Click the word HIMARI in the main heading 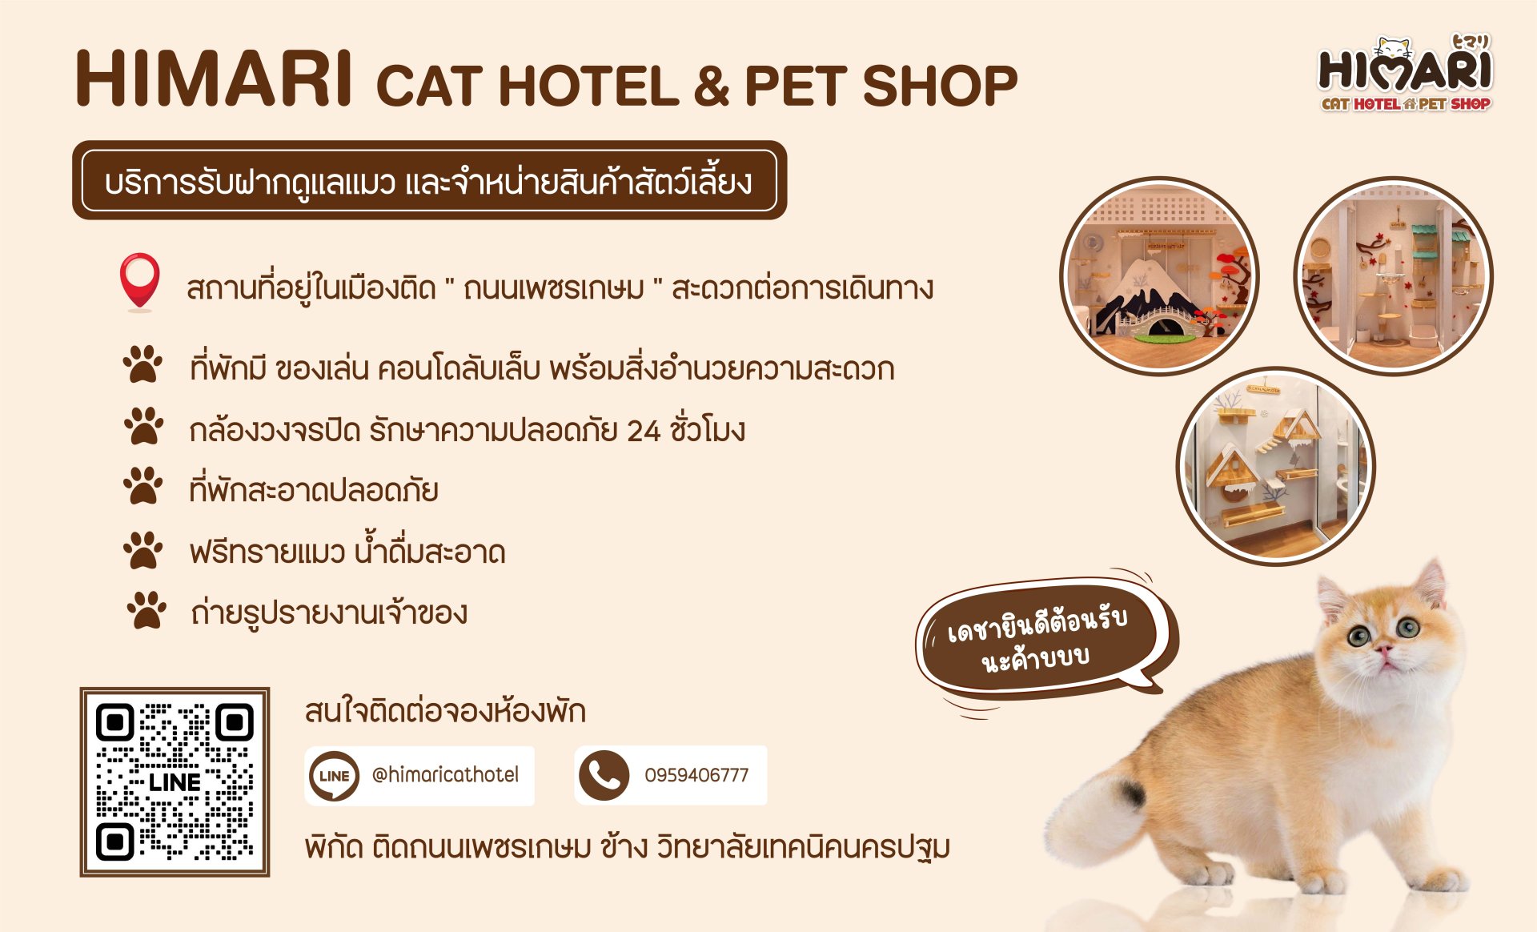pyautogui.click(x=214, y=78)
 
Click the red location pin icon pyautogui.click(x=139, y=282)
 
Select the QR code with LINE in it pyautogui.click(x=175, y=781)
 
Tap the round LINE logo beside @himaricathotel pyautogui.click(x=334, y=775)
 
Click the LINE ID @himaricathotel pyautogui.click(x=445, y=775)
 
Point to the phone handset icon pyautogui.click(x=604, y=775)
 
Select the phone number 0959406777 pyautogui.click(x=696, y=775)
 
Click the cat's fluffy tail pyautogui.click(x=1097, y=809)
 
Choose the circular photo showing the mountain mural pyautogui.click(x=1158, y=276)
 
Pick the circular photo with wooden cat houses pyautogui.click(x=1276, y=466)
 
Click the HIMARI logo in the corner pyautogui.click(x=1405, y=74)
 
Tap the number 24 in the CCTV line pyautogui.click(x=644, y=431)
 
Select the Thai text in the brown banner pyautogui.click(x=428, y=181)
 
